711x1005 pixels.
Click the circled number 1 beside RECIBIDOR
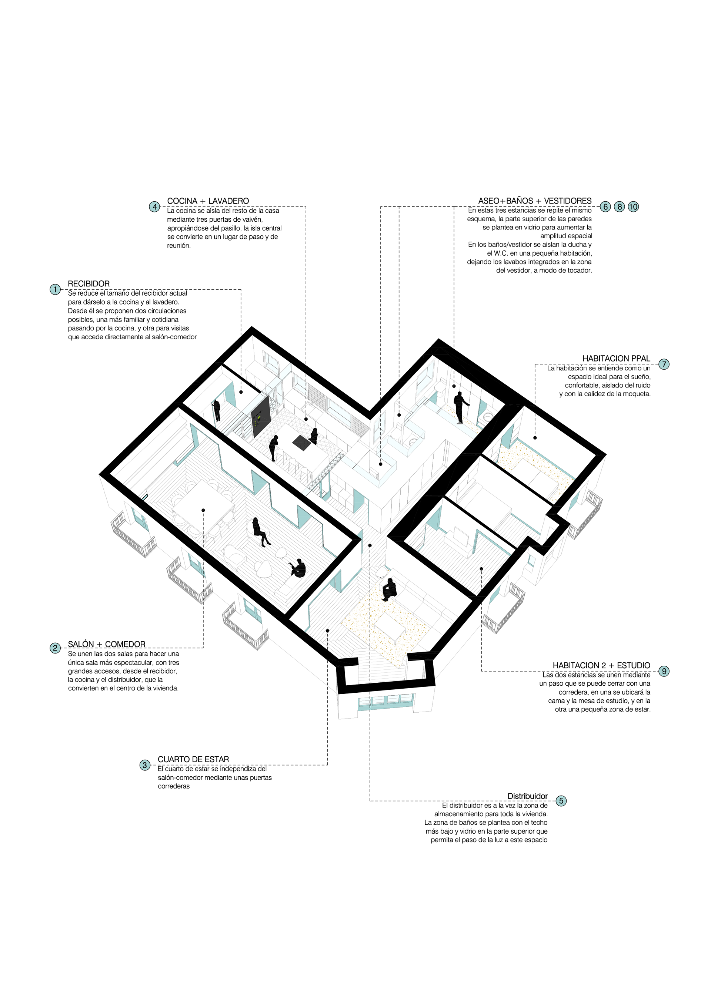[x=55, y=289]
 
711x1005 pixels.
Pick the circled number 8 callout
[x=619, y=206]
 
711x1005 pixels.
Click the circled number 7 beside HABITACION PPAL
[x=664, y=364]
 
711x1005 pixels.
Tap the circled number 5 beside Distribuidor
[x=561, y=801]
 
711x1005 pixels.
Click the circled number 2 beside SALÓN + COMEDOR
[x=55, y=648]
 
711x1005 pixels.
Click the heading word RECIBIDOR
[x=89, y=284]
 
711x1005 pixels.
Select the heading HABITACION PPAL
[x=616, y=359]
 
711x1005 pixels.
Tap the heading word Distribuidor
[x=527, y=796]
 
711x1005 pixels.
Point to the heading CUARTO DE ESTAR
[x=193, y=759]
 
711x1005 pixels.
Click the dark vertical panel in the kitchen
[x=260, y=417]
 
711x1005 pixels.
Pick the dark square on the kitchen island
[x=301, y=443]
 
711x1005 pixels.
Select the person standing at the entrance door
[x=216, y=410]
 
